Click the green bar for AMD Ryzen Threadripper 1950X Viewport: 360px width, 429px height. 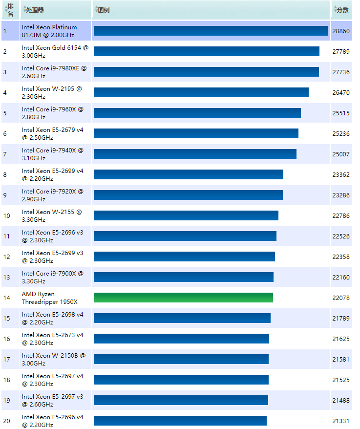(183, 298)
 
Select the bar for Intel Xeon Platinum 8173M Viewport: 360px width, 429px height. (211, 31)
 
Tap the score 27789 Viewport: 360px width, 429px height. (340, 51)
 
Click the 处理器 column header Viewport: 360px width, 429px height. (34, 10)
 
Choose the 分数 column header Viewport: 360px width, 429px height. (342, 10)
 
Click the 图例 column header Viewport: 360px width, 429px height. (103, 10)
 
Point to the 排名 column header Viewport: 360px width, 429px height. (10, 10)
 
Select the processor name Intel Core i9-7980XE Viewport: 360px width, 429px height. (54, 72)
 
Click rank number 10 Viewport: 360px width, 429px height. (6, 215)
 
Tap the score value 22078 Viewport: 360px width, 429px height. (340, 298)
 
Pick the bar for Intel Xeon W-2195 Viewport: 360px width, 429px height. (201, 92)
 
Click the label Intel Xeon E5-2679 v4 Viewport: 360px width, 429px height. (52, 133)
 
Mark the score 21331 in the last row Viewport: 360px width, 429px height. (340, 421)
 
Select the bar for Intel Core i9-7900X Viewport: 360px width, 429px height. (183, 277)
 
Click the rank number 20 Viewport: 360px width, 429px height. (6, 421)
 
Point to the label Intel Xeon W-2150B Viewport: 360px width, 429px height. (53, 359)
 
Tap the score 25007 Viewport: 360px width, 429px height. (340, 154)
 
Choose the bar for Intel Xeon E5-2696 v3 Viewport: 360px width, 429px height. (185, 236)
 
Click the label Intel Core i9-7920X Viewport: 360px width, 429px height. (52, 195)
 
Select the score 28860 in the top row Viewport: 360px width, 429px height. (340, 31)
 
